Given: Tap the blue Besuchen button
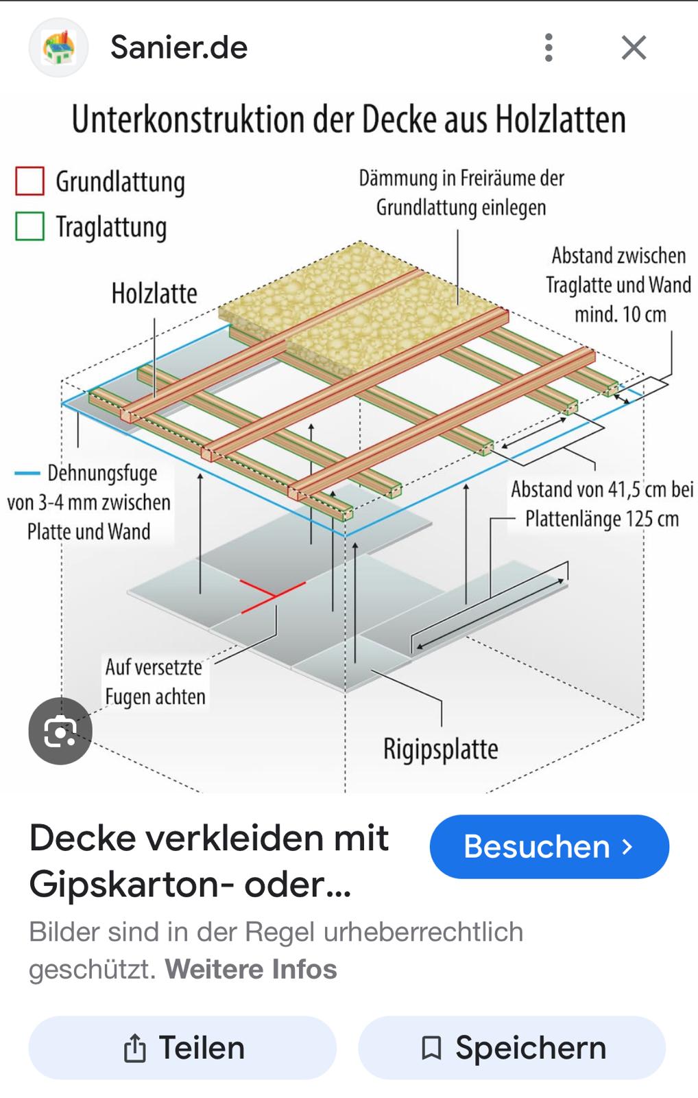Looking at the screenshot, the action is [x=549, y=847].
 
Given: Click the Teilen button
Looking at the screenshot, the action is [x=182, y=1048].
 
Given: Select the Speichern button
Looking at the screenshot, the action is [x=512, y=1048].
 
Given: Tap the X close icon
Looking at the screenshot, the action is [x=634, y=47].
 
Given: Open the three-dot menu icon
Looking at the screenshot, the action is [x=549, y=47].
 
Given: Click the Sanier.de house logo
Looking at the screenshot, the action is [x=59, y=47].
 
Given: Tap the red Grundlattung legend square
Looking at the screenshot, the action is [x=30, y=181].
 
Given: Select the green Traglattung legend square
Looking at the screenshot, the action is [x=30, y=226].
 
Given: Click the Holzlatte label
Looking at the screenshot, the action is [x=154, y=294].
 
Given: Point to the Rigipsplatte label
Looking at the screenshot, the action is [x=440, y=749].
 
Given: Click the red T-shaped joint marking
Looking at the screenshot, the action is [x=272, y=596].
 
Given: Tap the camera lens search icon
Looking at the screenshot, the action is [x=60, y=731].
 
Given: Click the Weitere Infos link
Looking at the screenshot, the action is [x=251, y=969].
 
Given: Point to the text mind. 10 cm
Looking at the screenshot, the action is [x=620, y=315].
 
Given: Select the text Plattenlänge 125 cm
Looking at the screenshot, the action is [x=602, y=519].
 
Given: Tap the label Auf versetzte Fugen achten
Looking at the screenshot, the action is [x=155, y=682].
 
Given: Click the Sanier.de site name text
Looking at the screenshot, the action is [x=179, y=47].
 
